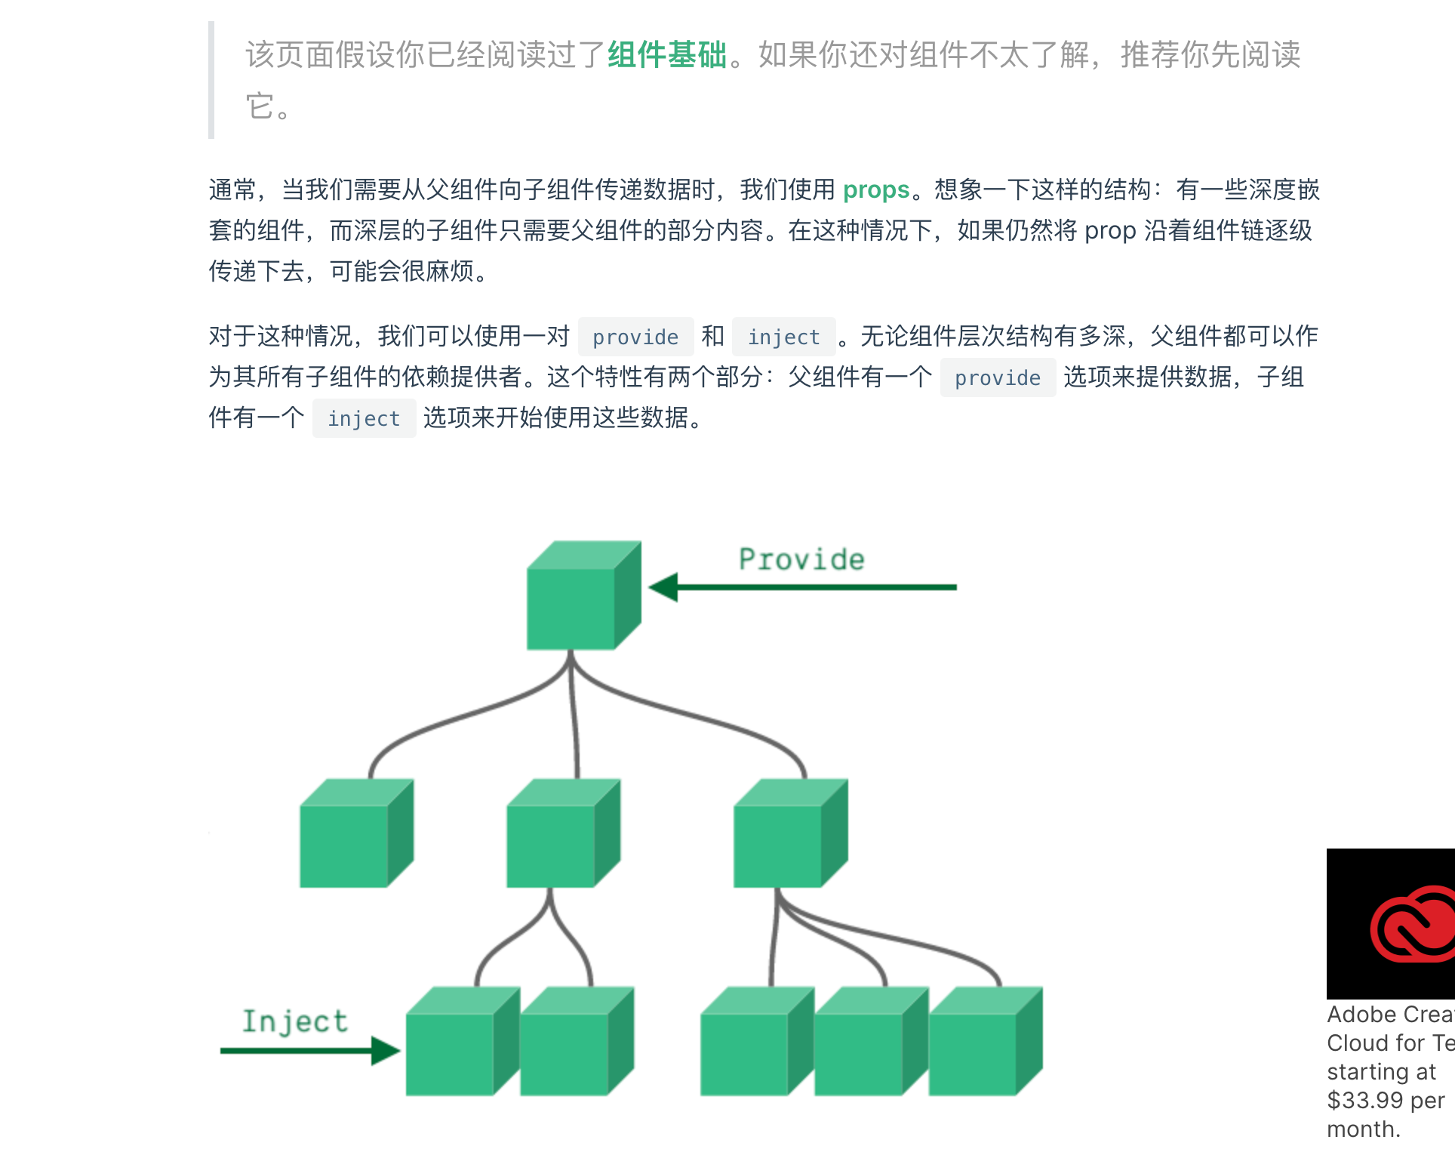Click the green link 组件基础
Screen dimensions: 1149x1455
point(667,55)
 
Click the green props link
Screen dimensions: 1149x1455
point(875,189)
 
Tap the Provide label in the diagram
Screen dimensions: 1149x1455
point(801,559)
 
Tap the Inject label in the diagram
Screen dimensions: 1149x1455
point(294,1021)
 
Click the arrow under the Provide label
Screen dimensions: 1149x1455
point(803,587)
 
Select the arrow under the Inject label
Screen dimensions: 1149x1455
point(309,1050)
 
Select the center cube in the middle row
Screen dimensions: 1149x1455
point(563,833)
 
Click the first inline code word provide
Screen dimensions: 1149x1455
point(635,337)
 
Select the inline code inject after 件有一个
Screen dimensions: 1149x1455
point(364,418)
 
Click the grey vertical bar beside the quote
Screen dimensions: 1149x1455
point(211,80)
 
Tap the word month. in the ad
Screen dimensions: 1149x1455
point(1363,1129)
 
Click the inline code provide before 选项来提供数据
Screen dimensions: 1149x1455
point(997,377)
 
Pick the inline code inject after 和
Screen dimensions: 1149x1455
point(783,337)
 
